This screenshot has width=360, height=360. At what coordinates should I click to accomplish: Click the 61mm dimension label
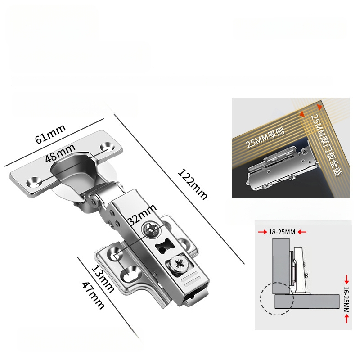(50, 134)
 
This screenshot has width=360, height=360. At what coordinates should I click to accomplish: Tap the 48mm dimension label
(60, 153)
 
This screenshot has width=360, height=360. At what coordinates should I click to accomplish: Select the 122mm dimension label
(193, 184)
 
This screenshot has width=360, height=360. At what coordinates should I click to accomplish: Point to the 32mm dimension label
(142, 215)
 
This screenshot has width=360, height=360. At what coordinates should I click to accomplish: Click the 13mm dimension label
(103, 279)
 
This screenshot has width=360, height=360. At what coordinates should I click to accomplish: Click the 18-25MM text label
(282, 232)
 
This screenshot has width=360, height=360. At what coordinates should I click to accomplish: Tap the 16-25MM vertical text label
(346, 299)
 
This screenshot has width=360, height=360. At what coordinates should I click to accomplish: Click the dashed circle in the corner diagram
(277, 298)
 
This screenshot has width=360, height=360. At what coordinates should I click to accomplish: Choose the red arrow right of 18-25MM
(302, 232)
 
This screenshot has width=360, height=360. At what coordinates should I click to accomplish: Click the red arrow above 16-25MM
(346, 279)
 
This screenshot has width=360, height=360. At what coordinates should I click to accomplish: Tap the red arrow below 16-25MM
(346, 319)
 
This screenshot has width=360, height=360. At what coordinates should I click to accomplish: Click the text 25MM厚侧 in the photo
(265, 138)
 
